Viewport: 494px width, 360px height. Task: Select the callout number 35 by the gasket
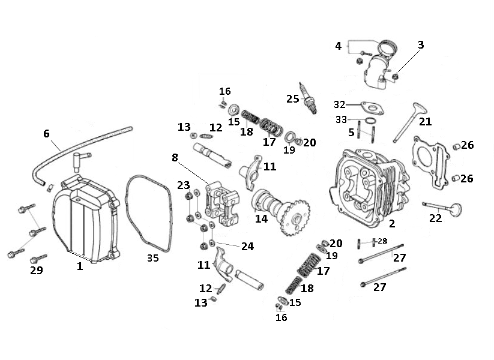click(x=153, y=258)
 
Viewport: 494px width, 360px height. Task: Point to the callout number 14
click(x=261, y=219)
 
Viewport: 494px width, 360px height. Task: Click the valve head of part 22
click(x=456, y=210)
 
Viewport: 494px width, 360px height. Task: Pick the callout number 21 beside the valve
click(x=425, y=121)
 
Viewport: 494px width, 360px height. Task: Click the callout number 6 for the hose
click(x=46, y=133)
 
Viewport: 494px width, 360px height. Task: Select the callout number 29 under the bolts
click(x=37, y=271)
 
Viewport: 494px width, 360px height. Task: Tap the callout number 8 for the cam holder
click(x=175, y=158)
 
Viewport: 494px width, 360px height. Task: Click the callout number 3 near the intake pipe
click(x=421, y=45)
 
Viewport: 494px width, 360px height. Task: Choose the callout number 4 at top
click(x=339, y=46)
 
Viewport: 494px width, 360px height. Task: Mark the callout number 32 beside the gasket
click(x=340, y=104)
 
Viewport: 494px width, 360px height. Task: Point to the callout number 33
click(x=340, y=119)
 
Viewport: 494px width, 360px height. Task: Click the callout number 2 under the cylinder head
click(x=392, y=224)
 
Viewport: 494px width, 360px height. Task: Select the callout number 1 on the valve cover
click(x=80, y=266)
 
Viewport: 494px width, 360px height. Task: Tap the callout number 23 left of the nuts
click(x=183, y=185)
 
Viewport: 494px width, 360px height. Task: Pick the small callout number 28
click(x=382, y=241)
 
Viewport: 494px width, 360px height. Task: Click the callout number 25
click(x=292, y=99)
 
